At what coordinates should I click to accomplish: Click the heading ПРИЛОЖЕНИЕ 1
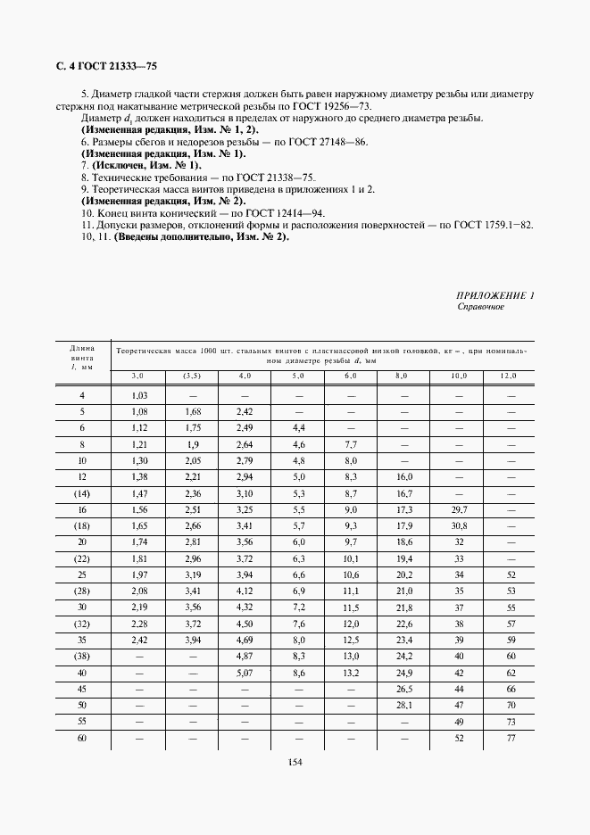tap(494, 294)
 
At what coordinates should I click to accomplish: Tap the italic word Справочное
tap(480, 306)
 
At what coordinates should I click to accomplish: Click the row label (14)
tap(82, 492)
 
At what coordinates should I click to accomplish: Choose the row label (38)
tap(82, 655)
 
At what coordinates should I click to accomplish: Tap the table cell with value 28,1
tap(406, 704)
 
